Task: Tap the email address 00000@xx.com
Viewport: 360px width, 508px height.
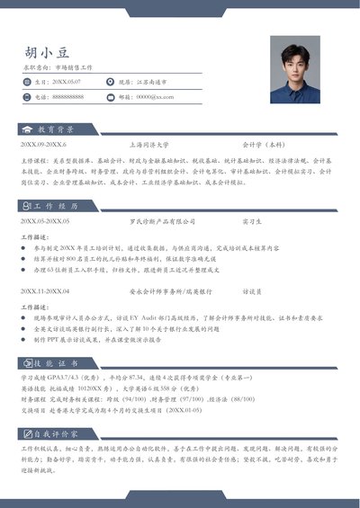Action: pos(155,96)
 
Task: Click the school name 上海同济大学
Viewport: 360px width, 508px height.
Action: pos(148,144)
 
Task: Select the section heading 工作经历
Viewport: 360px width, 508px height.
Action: pos(57,206)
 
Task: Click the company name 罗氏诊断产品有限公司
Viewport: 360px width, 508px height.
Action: pos(161,220)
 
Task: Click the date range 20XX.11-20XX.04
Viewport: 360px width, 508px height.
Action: pos(45,291)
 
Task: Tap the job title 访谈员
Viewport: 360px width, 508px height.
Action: pos(251,291)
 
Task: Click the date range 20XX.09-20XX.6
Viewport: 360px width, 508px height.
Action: pos(43,144)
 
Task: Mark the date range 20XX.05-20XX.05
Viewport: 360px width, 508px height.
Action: pos(45,220)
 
